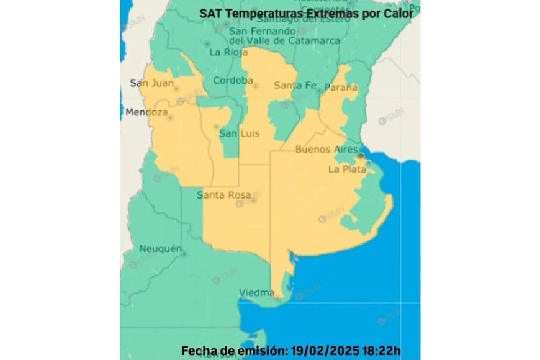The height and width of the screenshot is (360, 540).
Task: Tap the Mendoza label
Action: [146, 113]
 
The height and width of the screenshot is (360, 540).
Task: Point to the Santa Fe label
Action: [295, 85]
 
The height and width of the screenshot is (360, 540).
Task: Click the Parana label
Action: [341, 88]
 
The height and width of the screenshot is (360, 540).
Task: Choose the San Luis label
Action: [239, 133]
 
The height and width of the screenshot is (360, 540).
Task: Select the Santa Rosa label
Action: [223, 195]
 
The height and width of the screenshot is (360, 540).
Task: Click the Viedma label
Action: [256, 292]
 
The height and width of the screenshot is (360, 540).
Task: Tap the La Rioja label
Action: [224, 52]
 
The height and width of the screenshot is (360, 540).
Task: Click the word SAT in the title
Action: [209, 13]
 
